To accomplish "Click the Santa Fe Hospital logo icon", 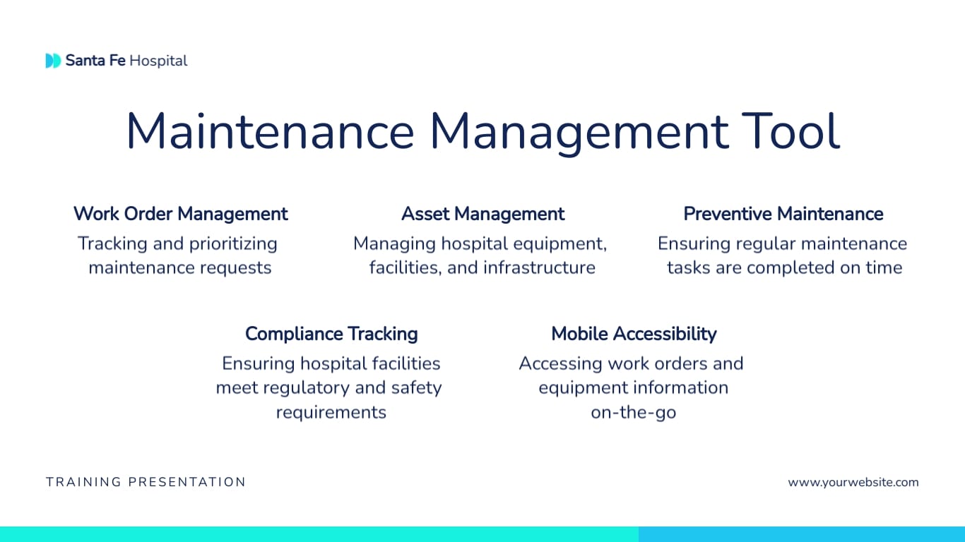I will point(53,61).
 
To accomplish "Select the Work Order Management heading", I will point(180,214).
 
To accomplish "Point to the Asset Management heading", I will point(482,214).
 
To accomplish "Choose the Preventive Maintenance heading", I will point(783,214).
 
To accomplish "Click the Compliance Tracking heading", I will point(331,334).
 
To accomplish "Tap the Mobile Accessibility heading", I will point(634,334).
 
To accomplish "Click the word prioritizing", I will point(233,244).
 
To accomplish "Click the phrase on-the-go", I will point(633,412).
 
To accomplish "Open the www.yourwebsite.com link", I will point(853,483).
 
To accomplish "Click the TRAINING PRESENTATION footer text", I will point(146,483).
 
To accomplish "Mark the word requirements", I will point(331,412).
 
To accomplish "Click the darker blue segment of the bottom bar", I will point(801,534).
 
